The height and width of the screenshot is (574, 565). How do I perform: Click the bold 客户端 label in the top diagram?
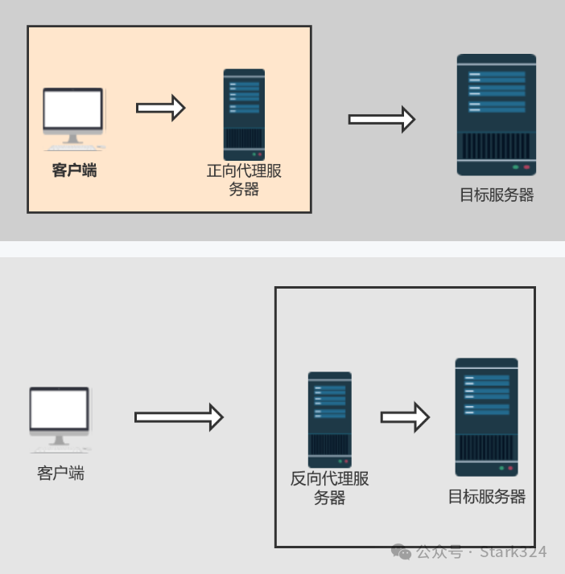[74, 170]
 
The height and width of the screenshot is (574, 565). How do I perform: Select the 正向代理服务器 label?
[244, 180]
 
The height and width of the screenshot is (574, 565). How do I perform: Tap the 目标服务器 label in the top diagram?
[497, 195]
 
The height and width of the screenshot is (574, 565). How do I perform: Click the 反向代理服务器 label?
[329, 488]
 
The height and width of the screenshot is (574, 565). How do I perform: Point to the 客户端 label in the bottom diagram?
[60, 473]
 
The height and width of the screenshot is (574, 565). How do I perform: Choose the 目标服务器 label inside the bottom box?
[487, 497]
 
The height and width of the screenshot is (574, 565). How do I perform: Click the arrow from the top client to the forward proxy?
[161, 108]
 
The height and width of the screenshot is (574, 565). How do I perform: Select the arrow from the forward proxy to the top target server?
[381, 119]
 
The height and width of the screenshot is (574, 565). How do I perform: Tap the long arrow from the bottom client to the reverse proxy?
[178, 416]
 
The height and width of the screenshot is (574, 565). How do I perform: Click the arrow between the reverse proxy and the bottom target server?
[405, 416]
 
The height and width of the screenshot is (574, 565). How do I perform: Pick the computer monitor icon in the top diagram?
[73, 117]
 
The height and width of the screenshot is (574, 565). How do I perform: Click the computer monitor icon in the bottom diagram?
[60, 416]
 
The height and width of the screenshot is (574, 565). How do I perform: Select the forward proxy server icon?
[244, 114]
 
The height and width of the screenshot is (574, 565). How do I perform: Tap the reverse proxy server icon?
[330, 419]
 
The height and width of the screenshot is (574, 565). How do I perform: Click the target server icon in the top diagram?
[497, 114]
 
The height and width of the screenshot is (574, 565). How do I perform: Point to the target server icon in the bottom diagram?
[486, 416]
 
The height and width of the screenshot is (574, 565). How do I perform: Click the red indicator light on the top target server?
[526, 167]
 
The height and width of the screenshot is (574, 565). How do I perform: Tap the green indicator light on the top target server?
[515, 167]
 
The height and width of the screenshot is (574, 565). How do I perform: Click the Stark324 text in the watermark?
[513, 552]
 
